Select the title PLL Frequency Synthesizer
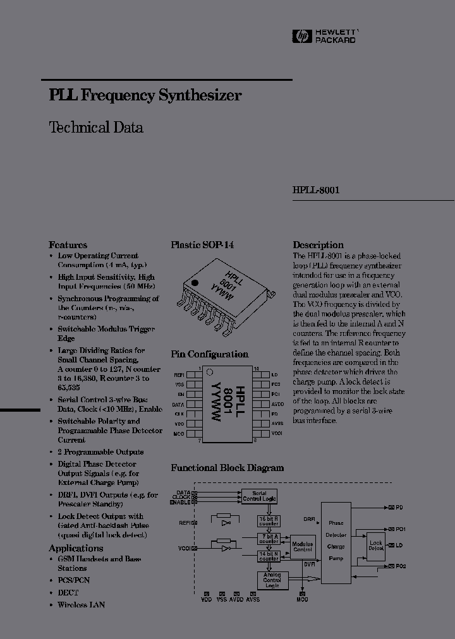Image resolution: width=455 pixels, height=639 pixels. tap(145, 96)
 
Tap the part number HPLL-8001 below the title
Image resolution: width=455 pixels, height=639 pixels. tap(316, 190)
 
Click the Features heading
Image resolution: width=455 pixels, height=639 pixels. tap(68, 245)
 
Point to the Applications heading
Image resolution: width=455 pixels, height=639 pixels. tap(76, 548)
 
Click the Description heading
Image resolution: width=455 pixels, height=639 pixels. tap(318, 245)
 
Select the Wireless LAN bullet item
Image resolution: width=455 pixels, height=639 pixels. tap(81, 604)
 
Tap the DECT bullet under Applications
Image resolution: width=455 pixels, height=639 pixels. tap(68, 593)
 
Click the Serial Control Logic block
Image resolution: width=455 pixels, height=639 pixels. tap(259, 496)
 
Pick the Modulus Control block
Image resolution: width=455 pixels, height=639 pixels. tap(302, 546)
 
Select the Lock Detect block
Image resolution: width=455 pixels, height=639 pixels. tap(376, 546)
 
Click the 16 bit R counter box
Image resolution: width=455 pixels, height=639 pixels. tap(269, 521)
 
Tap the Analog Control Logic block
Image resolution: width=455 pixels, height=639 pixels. tap(272, 580)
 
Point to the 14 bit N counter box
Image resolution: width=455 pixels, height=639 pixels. tap(269, 556)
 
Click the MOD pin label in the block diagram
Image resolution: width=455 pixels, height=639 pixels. tap(303, 599)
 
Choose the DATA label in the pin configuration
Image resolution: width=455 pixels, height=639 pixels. tap(178, 403)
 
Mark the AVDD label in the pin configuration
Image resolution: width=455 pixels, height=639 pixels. tap(277, 403)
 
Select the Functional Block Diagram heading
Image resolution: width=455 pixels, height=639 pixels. tap(227, 468)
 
